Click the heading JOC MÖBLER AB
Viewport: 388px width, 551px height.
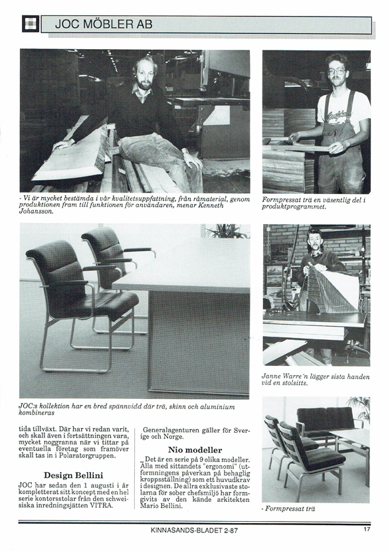pyautogui.click(x=104, y=25)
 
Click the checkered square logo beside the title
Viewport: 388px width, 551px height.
pyautogui.click(x=31, y=24)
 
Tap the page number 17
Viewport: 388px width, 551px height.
pyautogui.click(x=367, y=529)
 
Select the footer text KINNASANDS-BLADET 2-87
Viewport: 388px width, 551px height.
pyautogui.click(x=194, y=530)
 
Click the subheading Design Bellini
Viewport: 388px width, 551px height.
pyautogui.click(x=73, y=475)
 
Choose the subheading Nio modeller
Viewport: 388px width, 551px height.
pyautogui.click(x=195, y=450)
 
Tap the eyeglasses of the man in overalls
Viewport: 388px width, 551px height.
pyautogui.click(x=336, y=71)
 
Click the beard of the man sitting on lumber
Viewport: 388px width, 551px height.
pyautogui.click(x=145, y=84)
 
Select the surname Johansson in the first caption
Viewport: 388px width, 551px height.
pyautogui.click(x=35, y=212)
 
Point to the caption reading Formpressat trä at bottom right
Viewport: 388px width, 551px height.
pyautogui.click(x=288, y=509)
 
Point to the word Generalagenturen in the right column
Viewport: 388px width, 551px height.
pyautogui.click(x=171, y=430)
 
